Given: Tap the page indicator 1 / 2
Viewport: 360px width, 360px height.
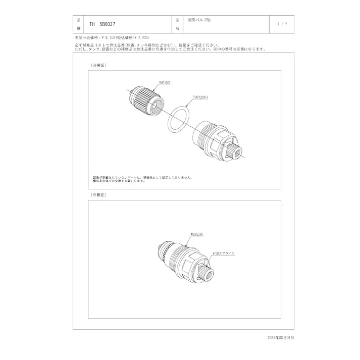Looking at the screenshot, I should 283,24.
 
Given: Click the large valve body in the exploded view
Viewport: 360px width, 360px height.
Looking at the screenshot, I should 215,139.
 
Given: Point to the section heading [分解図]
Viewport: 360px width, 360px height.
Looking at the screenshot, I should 98,66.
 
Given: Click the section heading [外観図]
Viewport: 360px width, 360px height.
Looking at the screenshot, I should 98,195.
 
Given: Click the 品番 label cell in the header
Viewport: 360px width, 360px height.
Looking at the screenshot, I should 79,24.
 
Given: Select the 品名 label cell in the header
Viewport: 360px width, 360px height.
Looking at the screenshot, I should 177,24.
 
